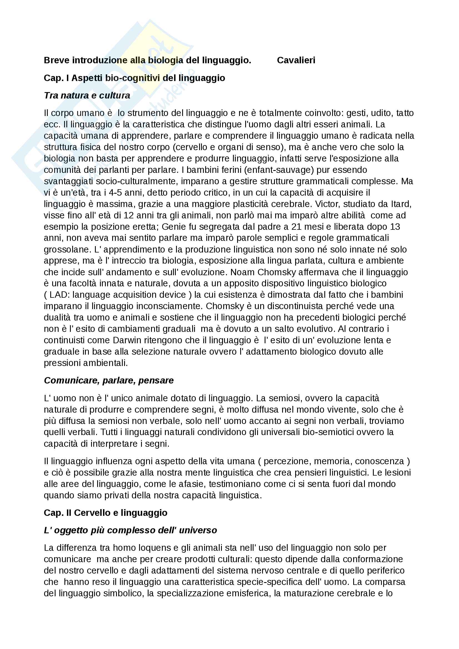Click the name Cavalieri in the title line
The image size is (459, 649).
(x=296, y=60)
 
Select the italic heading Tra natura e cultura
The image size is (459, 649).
(x=87, y=95)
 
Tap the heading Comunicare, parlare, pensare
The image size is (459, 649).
(x=109, y=380)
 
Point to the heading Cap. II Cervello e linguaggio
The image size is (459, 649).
(x=106, y=513)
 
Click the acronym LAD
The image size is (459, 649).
(x=59, y=295)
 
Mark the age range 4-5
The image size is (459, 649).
(x=116, y=193)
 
